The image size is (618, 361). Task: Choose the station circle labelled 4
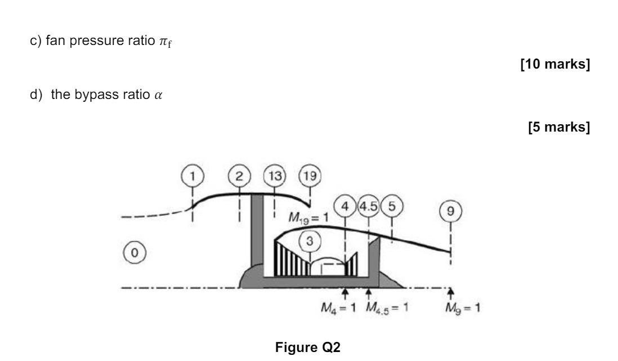click(345, 206)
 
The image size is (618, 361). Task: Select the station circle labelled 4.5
click(368, 206)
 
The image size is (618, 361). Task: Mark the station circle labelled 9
click(450, 213)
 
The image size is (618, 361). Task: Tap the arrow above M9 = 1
click(450, 292)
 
